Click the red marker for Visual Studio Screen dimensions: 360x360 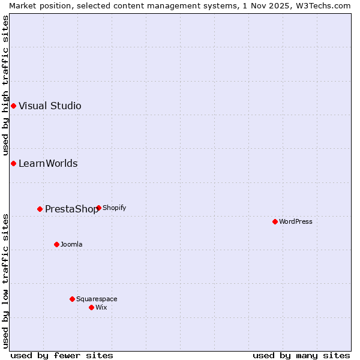(x=13, y=106)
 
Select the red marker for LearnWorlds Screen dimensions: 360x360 (x=13, y=164)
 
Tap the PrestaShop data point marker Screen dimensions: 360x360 (x=40, y=209)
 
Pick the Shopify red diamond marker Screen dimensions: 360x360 (x=98, y=208)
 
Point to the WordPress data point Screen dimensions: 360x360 (x=275, y=221)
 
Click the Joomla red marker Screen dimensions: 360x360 (x=56, y=244)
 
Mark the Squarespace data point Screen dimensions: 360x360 (x=72, y=299)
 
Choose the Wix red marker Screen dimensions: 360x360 (x=91, y=307)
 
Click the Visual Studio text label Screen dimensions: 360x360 (x=50, y=106)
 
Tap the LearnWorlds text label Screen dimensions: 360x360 (x=48, y=164)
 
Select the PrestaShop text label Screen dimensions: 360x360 (x=71, y=209)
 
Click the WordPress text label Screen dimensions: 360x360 (x=296, y=221)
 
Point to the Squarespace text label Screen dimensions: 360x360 (x=97, y=299)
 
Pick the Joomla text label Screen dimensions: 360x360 (x=71, y=244)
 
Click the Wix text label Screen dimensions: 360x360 (x=101, y=307)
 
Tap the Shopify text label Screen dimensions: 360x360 (x=114, y=208)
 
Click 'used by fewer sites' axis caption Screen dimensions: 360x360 (x=62, y=355)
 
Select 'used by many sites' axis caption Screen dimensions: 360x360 (x=301, y=355)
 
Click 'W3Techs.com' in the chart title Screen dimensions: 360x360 (x=326, y=5)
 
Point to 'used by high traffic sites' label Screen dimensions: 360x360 (x=5, y=86)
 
